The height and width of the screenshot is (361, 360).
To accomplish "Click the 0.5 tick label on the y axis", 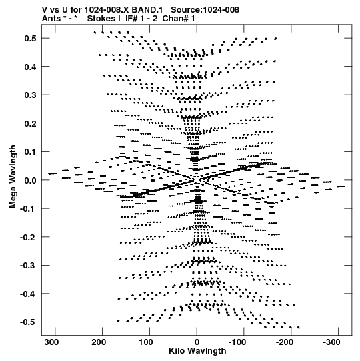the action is click(30, 39).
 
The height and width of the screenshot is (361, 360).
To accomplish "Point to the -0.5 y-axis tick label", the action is click(28, 322).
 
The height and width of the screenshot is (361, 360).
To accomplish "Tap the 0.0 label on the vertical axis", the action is click(30, 180).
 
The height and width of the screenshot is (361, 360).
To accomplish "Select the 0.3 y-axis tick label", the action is click(30, 95).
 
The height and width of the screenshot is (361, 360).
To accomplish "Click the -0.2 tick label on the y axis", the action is click(28, 237).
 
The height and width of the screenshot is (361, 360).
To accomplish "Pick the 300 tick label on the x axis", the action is click(51, 342).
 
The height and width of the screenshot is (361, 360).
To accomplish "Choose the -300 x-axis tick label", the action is click(331, 342).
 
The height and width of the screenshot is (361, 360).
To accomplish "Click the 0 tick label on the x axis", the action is click(197, 342).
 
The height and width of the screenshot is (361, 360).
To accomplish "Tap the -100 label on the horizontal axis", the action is click(237, 342).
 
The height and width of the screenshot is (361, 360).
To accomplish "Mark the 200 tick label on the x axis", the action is click(99, 342).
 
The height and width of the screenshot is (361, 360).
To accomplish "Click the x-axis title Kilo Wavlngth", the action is click(197, 351).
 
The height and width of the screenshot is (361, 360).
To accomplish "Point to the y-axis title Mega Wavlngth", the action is click(13, 177).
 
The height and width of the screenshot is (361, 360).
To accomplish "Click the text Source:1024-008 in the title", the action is click(205, 10).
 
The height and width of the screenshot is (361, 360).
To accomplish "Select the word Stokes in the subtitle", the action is click(101, 19).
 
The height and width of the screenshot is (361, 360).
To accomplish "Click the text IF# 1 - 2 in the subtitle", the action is click(141, 19).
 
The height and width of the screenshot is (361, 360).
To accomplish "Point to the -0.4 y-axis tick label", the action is click(28, 294).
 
